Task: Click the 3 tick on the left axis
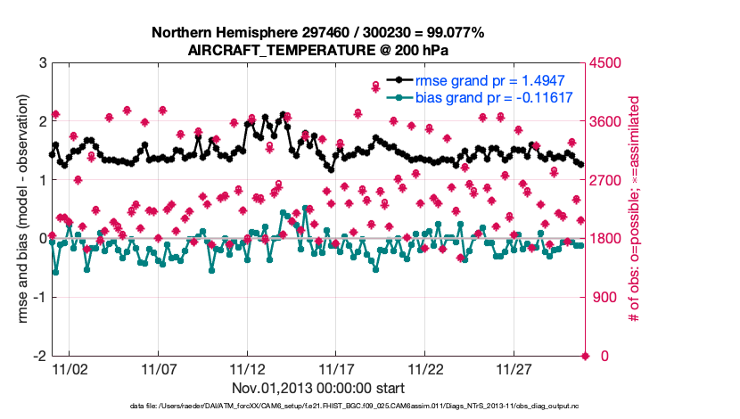point(42,63)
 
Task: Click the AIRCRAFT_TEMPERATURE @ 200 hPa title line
point(318,51)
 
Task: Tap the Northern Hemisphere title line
point(318,33)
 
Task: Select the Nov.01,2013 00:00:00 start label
point(318,388)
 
